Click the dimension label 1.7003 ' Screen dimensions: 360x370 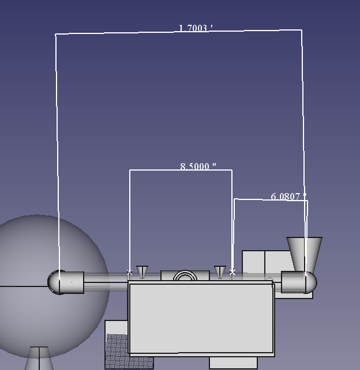click(196, 28)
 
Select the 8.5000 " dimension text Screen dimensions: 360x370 click(198, 167)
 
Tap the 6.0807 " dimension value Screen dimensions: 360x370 click(288, 197)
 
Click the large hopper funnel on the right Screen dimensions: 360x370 click(304, 254)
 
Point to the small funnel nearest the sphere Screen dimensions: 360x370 click(142, 272)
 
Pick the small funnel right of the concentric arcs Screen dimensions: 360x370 click(220, 272)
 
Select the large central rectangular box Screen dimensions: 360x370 click(201, 318)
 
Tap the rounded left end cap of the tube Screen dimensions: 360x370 click(54, 282)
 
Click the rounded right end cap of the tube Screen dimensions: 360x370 click(311, 283)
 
